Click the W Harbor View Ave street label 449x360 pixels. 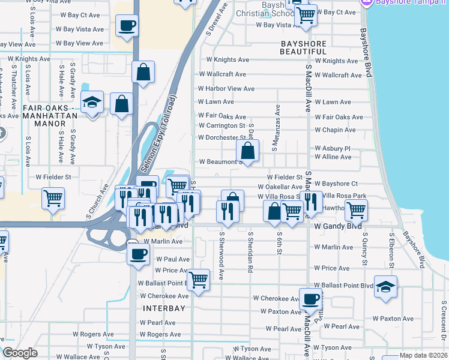226,89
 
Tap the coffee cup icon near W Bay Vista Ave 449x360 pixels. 127,27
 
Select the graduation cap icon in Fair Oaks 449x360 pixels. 92,103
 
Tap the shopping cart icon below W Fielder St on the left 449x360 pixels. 53,197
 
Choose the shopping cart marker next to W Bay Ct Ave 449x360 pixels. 306,14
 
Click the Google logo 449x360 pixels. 20,353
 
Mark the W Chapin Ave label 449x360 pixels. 335,130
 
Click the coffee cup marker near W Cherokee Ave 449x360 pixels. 310,299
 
